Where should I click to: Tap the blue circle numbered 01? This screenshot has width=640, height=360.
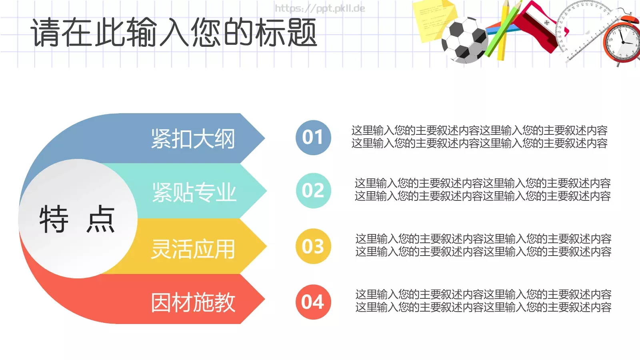313,138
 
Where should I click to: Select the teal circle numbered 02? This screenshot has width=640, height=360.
313,190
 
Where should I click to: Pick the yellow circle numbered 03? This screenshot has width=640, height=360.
313,246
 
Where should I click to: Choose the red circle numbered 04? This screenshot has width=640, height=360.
313,302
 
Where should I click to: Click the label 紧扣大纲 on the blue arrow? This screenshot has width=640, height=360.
193,139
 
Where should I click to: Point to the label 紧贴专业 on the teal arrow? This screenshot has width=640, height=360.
194,192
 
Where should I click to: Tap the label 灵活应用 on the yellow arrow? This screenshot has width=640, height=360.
193,249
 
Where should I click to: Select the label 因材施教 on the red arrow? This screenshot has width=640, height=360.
193,302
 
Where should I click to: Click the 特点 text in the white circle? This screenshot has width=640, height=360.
77,219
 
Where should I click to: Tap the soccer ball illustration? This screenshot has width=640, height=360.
464,40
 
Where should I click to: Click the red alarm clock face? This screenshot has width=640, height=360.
622,42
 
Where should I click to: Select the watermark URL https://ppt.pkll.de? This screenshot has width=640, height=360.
320,8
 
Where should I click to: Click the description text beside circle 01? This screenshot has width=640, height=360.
479,137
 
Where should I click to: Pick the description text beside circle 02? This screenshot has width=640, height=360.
482,190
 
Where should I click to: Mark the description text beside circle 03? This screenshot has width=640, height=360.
483,245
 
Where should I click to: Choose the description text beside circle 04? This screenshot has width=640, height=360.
483,301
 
